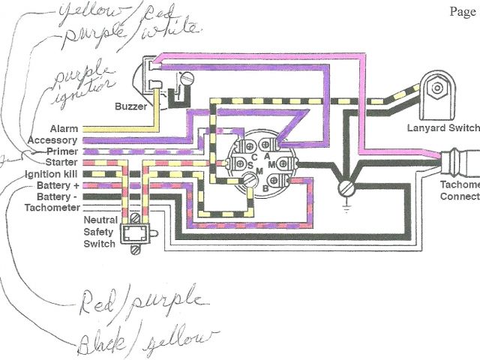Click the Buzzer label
coord(131,106)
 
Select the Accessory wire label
coord(52,140)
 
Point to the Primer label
coord(61,151)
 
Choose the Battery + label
coord(57,184)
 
